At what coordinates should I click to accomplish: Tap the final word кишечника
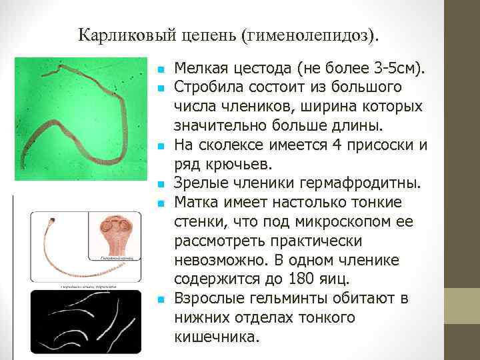(215, 337)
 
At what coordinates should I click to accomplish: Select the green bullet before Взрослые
(160, 299)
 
